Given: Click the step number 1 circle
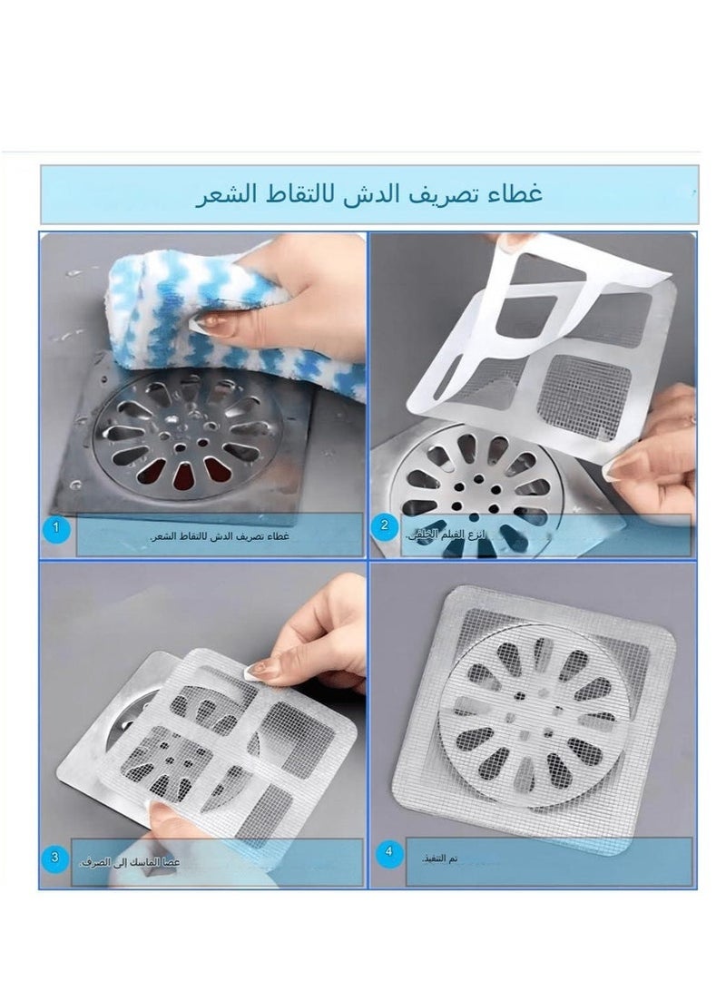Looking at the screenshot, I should click(57, 527).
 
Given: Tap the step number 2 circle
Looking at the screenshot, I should click(386, 525).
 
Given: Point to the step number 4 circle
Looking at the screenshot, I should click(388, 852).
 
